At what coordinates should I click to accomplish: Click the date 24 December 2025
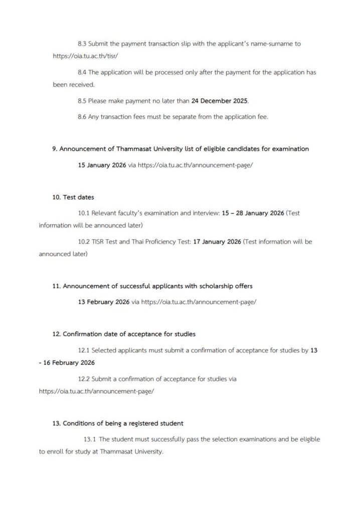coord(220,101)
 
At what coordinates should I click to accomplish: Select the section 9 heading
coord(181,149)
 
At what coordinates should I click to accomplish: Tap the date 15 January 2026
coord(100,164)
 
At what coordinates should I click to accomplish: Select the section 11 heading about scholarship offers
coord(152,286)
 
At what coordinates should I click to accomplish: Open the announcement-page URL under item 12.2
coord(96,391)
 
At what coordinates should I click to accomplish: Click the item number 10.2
coord(84,241)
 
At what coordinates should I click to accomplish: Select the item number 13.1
coord(90,439)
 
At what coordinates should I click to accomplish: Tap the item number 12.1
coord(84,350)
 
